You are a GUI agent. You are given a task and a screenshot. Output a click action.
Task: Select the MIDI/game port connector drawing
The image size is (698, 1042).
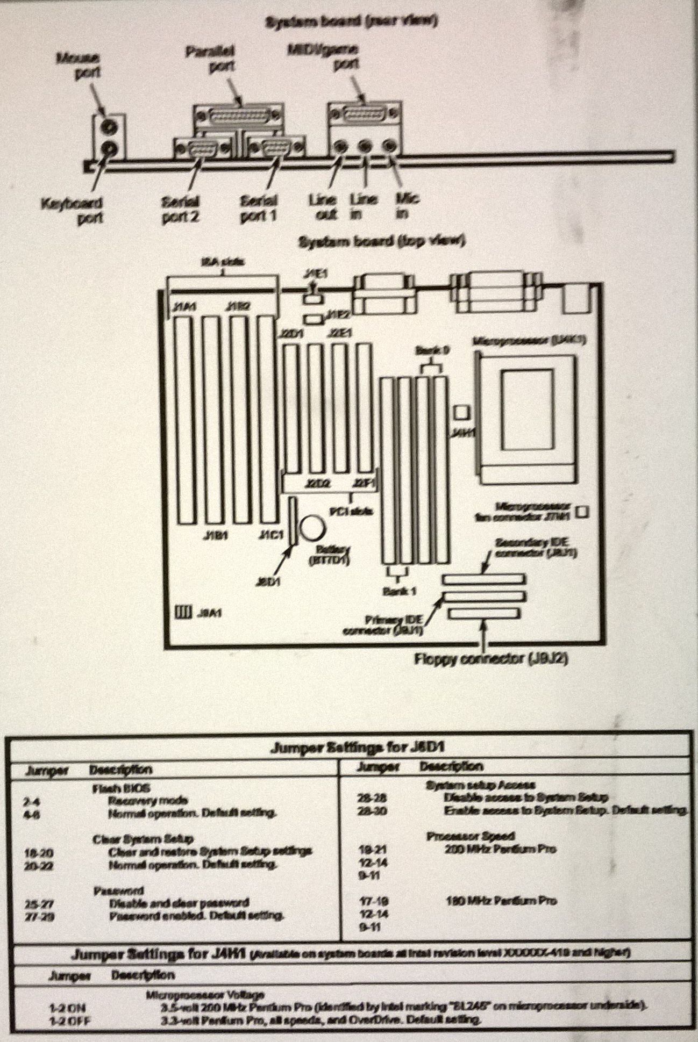click(x=365, y=114)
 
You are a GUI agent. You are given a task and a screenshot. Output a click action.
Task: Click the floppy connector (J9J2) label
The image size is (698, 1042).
click(x=491, y=659)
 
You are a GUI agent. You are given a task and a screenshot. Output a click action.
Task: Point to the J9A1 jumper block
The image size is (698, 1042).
click(x=183, y=612)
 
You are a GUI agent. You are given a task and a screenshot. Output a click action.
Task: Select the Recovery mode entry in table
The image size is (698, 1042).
click(x=140, y=800)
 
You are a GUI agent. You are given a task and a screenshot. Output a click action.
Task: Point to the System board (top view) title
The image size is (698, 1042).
click(x=381, y=242)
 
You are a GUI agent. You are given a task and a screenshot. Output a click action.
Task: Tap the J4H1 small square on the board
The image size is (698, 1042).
click(x=461, y=413)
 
